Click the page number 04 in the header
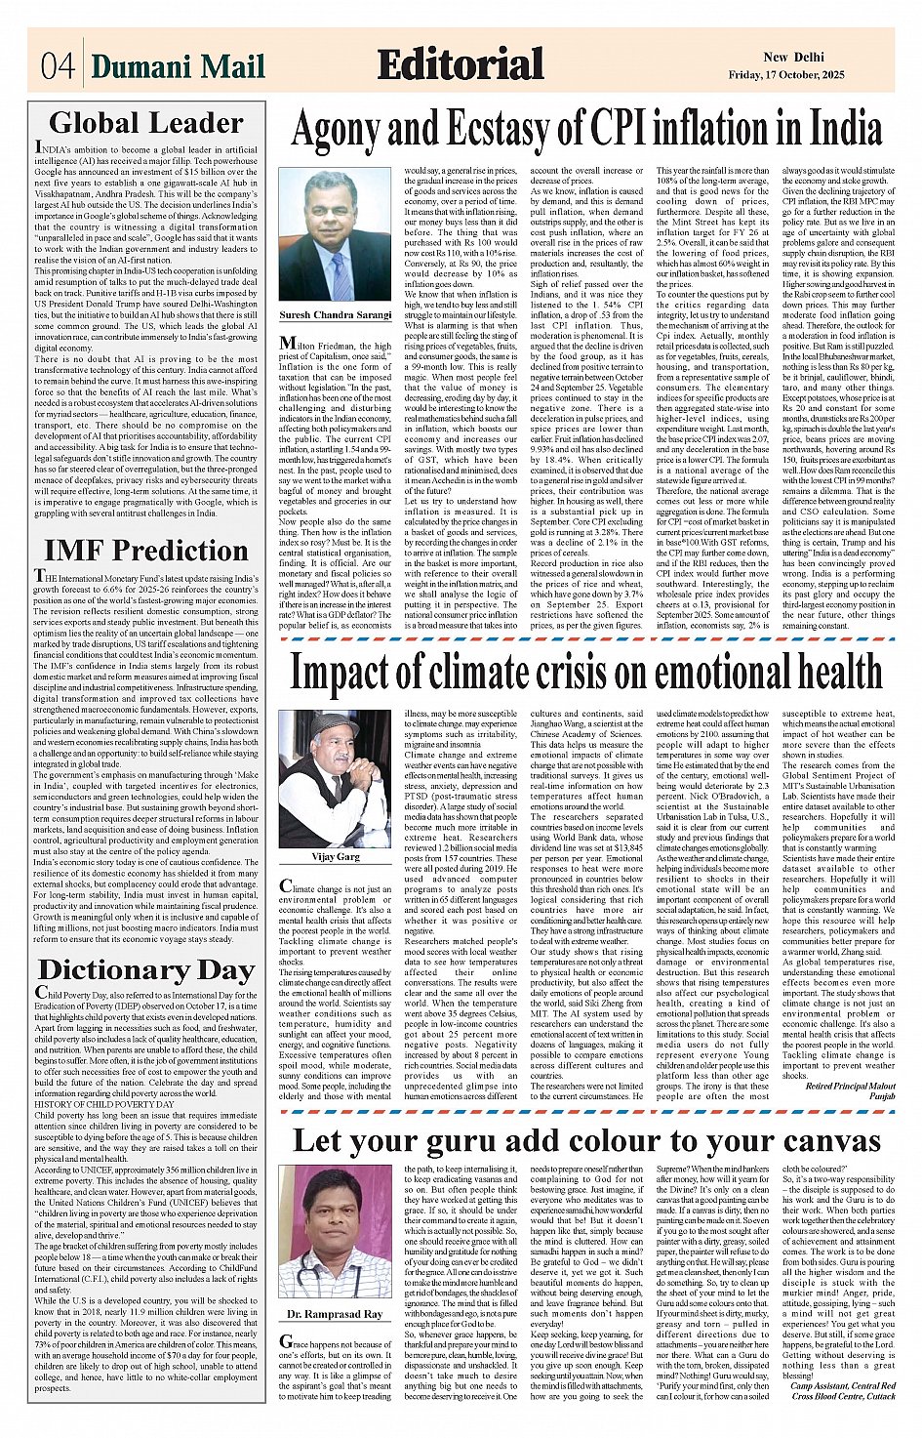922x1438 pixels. point(58,65)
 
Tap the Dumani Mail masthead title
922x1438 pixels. point(179,65)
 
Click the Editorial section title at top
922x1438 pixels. point(460,64)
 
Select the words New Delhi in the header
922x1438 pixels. point(793,57)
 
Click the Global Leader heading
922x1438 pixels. point(146,123)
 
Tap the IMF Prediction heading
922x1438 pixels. point(146,550)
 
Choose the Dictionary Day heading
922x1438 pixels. point(146,969)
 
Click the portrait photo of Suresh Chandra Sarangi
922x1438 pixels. point(335,235)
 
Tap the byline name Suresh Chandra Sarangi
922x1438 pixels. point(335,316)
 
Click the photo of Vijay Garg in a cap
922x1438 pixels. point(335,780)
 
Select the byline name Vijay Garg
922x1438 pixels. point(335,856)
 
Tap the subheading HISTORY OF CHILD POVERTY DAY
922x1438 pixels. point(104,1104)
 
